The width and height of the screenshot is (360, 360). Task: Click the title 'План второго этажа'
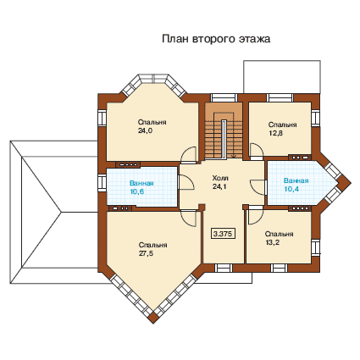[216, 39]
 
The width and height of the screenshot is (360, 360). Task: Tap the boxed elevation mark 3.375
[224, 234]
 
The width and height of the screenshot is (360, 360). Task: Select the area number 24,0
[146, 130]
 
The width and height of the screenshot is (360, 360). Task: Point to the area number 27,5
[146, 253]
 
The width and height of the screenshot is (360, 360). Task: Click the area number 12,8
[275, 133]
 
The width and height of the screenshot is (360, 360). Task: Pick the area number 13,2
[273, 242]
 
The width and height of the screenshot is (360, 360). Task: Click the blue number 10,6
[137, 191]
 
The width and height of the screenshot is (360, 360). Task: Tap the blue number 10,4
[291, 189]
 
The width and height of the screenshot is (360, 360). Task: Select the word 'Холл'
[220, 178]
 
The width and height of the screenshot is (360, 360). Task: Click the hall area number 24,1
[219, 186]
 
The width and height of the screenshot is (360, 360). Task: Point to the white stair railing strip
[224, 140]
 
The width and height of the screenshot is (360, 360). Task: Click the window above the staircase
[224, 97]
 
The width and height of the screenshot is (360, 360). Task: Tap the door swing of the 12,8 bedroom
[257, 152]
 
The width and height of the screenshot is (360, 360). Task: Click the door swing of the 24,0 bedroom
[189, 155]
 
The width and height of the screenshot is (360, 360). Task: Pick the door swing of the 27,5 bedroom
[188, 219]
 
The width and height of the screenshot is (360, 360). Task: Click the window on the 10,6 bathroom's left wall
[102, 183]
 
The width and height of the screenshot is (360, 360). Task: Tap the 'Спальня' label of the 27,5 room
[152, 245]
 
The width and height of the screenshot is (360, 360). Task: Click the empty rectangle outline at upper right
[282, 77]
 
